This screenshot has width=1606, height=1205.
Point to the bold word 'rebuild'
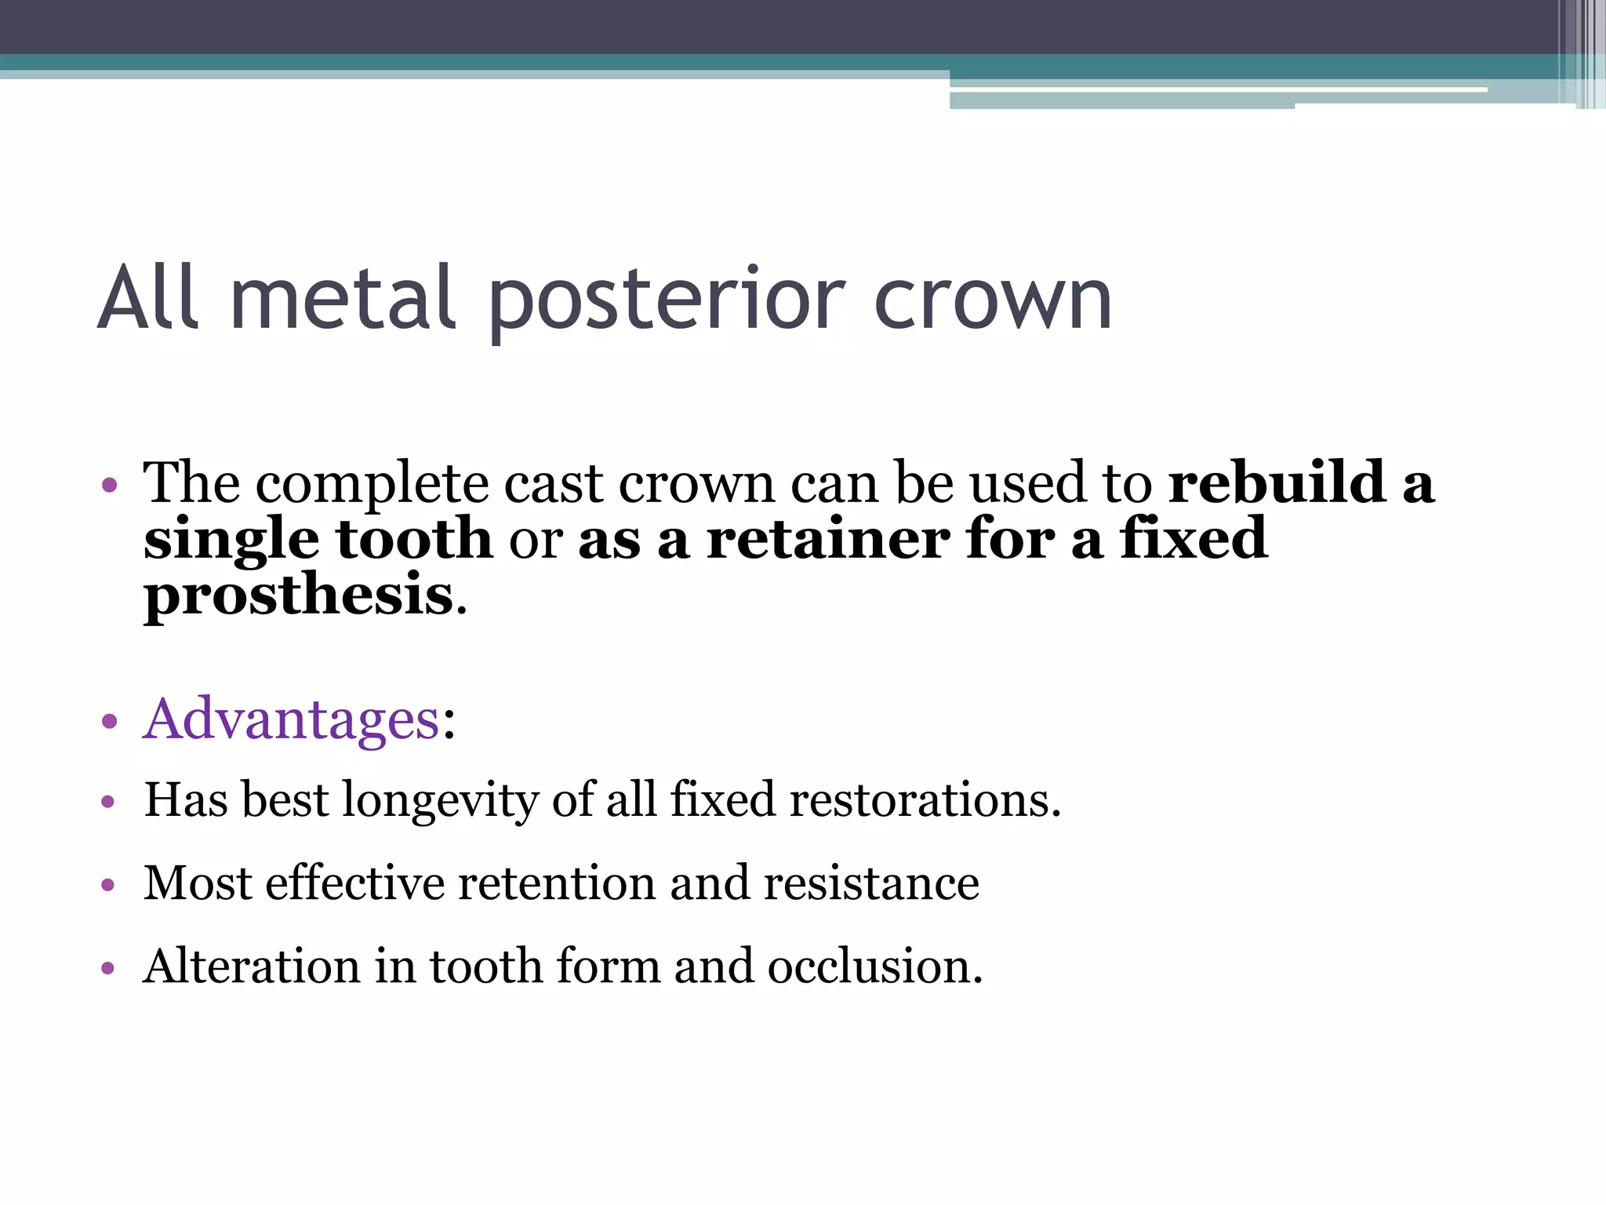point(1277,482)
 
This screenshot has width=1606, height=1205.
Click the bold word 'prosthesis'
point(299,595)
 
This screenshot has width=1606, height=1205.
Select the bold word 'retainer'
point(828,539)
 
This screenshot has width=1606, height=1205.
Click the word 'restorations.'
point(925,800)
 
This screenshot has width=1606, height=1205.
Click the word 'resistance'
point(871,883)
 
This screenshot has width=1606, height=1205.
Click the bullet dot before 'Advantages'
point(109,721)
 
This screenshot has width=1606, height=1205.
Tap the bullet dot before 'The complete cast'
point(109,485)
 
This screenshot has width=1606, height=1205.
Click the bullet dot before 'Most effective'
point(108,886)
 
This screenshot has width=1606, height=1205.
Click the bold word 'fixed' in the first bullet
point(1193,539)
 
